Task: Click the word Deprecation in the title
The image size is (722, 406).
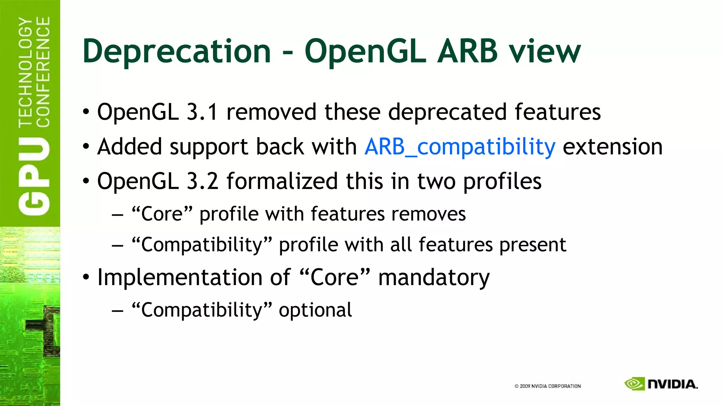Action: click(176, 51)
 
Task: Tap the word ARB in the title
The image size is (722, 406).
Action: click(467, 51)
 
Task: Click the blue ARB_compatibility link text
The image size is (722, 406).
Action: click(460, 147)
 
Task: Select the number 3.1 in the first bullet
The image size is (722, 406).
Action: click(202, 112)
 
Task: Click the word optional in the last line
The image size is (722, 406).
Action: click(315, 310)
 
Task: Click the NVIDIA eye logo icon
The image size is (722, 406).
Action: click(634, 384)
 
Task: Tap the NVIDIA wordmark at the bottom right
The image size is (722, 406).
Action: click(673, 384)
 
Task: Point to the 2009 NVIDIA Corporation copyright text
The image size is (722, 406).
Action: click(547, 386)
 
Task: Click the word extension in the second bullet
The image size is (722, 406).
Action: click(613, 147)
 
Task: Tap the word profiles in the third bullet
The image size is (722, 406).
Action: click(502, 181)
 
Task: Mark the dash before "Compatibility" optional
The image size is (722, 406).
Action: click(117, 311)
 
